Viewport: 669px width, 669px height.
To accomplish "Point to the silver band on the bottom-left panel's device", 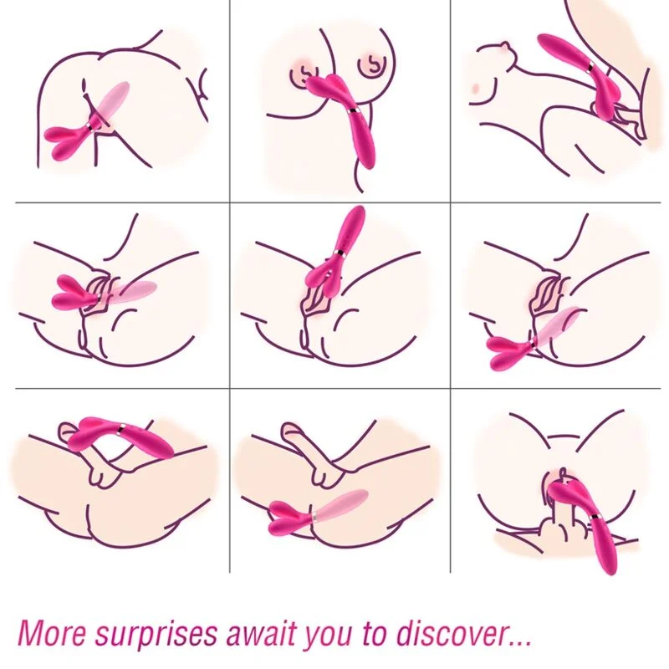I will (123, 428).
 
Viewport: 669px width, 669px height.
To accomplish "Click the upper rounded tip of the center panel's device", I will (355, 216).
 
